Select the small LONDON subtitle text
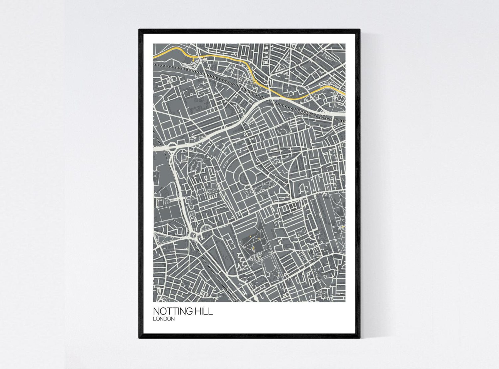(x=164, y=319)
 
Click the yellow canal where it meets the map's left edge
(x=154, y=57)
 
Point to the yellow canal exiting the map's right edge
(x=344, y=93)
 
